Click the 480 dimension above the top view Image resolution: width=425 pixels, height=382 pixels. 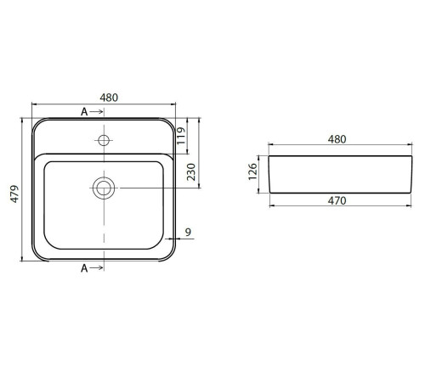coord(109,98)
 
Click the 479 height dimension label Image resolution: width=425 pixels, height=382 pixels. coord(14,194)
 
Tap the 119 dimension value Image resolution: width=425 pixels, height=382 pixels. coord(181,136)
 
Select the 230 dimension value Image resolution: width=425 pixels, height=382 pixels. coord(191,172)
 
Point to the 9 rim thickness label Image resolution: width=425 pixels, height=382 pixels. coord(188,232)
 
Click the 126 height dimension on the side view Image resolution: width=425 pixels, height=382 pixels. coord(252,171)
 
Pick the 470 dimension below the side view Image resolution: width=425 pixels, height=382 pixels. coord(337,200)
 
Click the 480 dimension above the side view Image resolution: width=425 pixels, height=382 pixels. coord(337,139)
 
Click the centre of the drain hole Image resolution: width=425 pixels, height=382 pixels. coord(104,188)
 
